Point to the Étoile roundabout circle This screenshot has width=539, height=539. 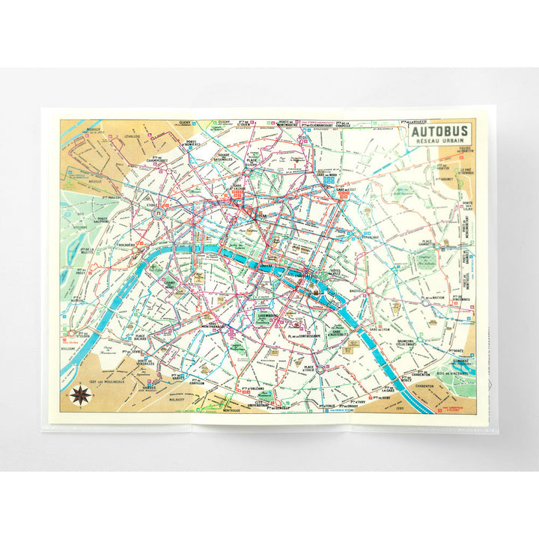(158, 213)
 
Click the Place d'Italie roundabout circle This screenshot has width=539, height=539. (320, 369)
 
